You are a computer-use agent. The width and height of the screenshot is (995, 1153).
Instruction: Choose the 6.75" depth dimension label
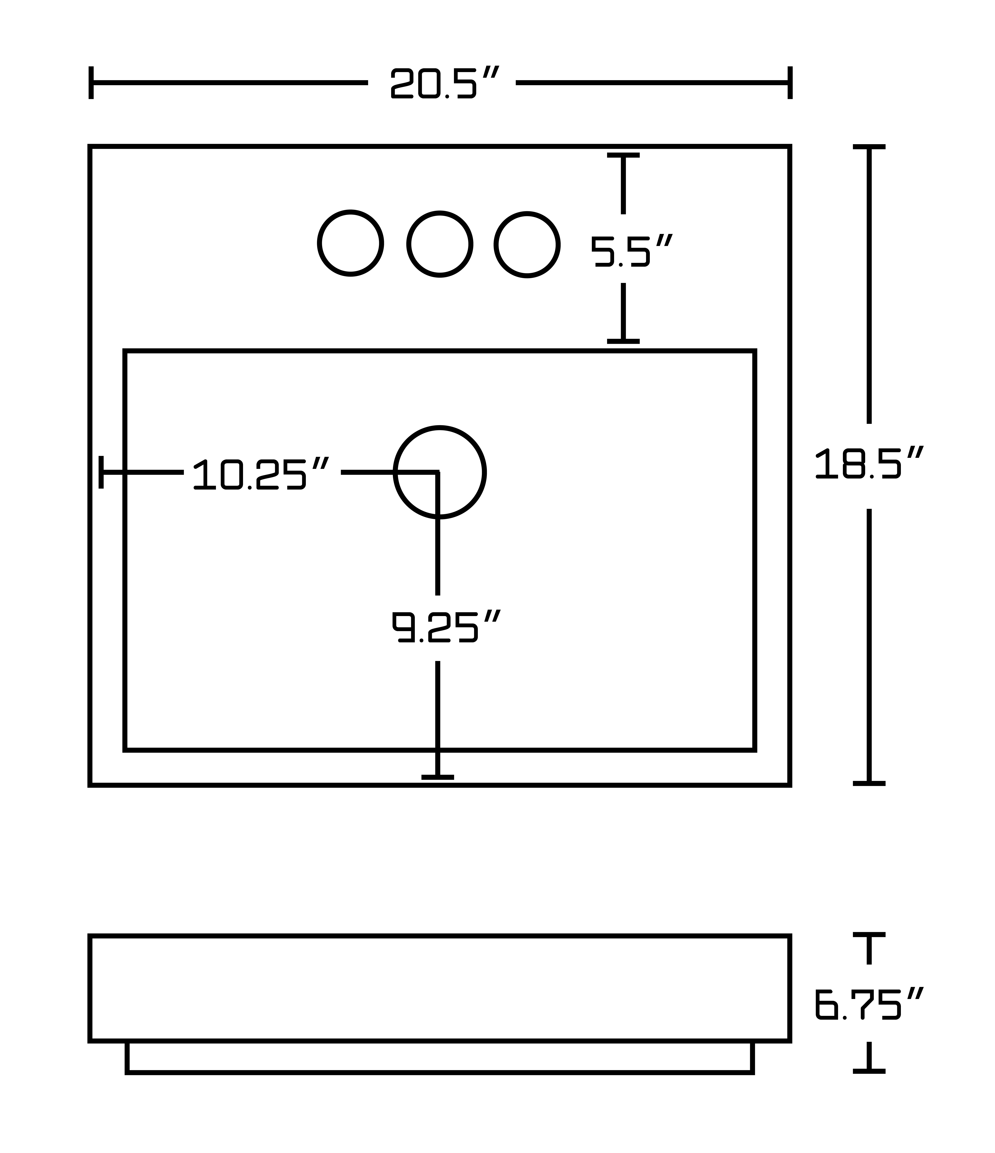point(869,1004)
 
